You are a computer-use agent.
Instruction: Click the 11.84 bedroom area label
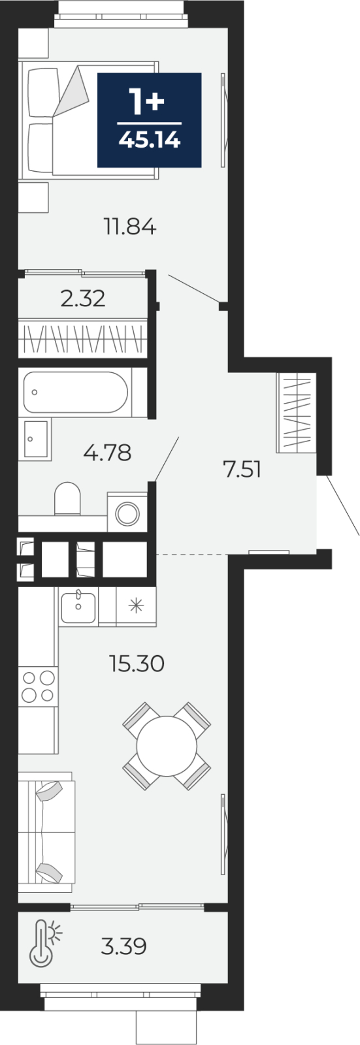point(129,227)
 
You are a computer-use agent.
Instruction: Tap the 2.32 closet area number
point(83,298)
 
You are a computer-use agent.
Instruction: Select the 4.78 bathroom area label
point(107,453)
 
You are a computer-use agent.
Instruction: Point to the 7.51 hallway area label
point(242,470)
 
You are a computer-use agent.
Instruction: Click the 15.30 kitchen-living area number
point(137,664)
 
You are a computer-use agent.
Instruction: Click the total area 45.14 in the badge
point(150,140)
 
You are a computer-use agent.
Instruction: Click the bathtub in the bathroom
point(75,392)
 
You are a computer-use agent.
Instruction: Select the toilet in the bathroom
point(68,499)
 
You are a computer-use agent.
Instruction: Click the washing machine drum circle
point(127,514)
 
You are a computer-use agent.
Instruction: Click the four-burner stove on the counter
point(38,686)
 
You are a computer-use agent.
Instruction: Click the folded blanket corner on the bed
point(70,91)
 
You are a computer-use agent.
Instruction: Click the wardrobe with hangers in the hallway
point(297,413)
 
